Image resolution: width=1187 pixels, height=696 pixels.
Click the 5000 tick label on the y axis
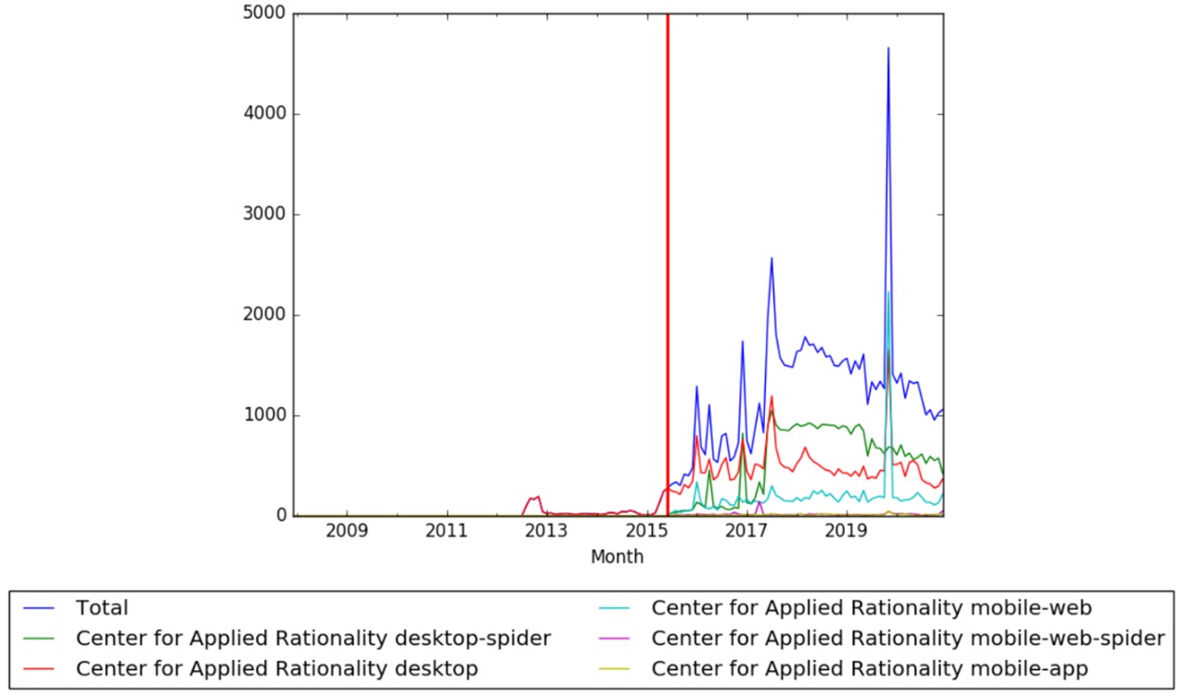(x=265, y=15)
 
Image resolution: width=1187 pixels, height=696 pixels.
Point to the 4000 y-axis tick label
(x=265, y=115)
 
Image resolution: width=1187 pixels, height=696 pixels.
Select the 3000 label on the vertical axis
(x=265, y=215)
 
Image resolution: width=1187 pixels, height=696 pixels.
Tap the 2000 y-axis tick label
(x=265, y=315)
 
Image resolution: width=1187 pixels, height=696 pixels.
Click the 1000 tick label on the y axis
(x=265, y=415)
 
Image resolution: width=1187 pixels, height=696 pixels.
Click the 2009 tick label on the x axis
(x=347, y=533)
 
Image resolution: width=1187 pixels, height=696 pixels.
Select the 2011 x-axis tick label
(x=447, y=533)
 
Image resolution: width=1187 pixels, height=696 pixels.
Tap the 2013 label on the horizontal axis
(x=546, y=533)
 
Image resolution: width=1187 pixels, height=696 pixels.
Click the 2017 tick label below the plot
(x=746, y=533)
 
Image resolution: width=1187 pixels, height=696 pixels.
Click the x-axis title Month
(x=617, y=557)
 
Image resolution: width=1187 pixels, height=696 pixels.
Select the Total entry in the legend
(x=102, y=609)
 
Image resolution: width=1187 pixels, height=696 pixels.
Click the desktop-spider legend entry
(x=313, y=639)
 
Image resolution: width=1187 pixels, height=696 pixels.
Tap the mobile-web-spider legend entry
(x=908, y=639)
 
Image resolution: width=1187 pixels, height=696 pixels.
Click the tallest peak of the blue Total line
(x=888, y=48)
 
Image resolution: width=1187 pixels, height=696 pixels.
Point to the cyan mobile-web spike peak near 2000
(x=888, y=292)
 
